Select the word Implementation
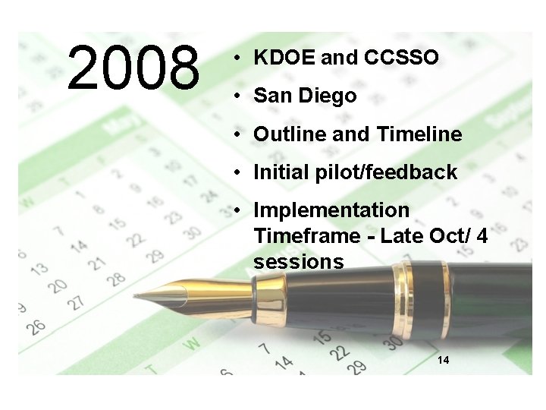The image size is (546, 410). tap(331, 210)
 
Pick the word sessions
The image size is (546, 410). tap(299, 262)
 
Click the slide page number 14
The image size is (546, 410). tap(444, 359)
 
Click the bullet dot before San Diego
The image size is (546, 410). tap(237, 96)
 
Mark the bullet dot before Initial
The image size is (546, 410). tap(237, 172)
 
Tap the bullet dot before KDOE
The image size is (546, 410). tap(237, 58)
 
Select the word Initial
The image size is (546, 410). tap(280, 172)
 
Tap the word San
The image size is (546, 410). tap(270, 96)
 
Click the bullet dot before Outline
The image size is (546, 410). tap(237, 134)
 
